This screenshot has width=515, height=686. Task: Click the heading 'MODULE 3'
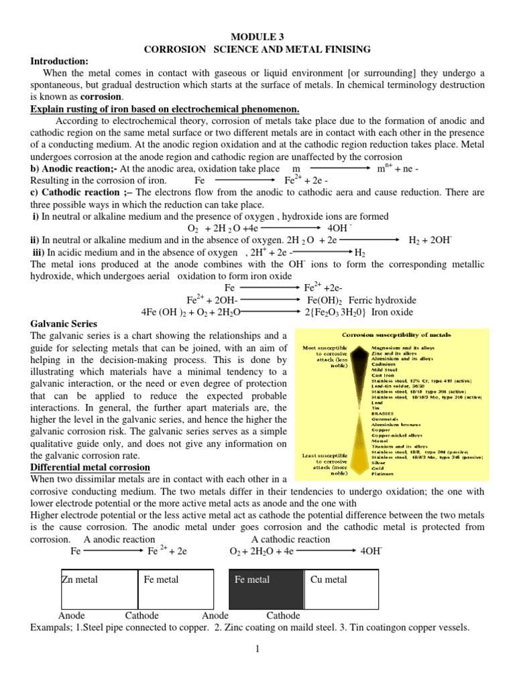[x=259, y=38]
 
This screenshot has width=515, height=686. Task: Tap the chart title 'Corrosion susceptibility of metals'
[x=397, y=334]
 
